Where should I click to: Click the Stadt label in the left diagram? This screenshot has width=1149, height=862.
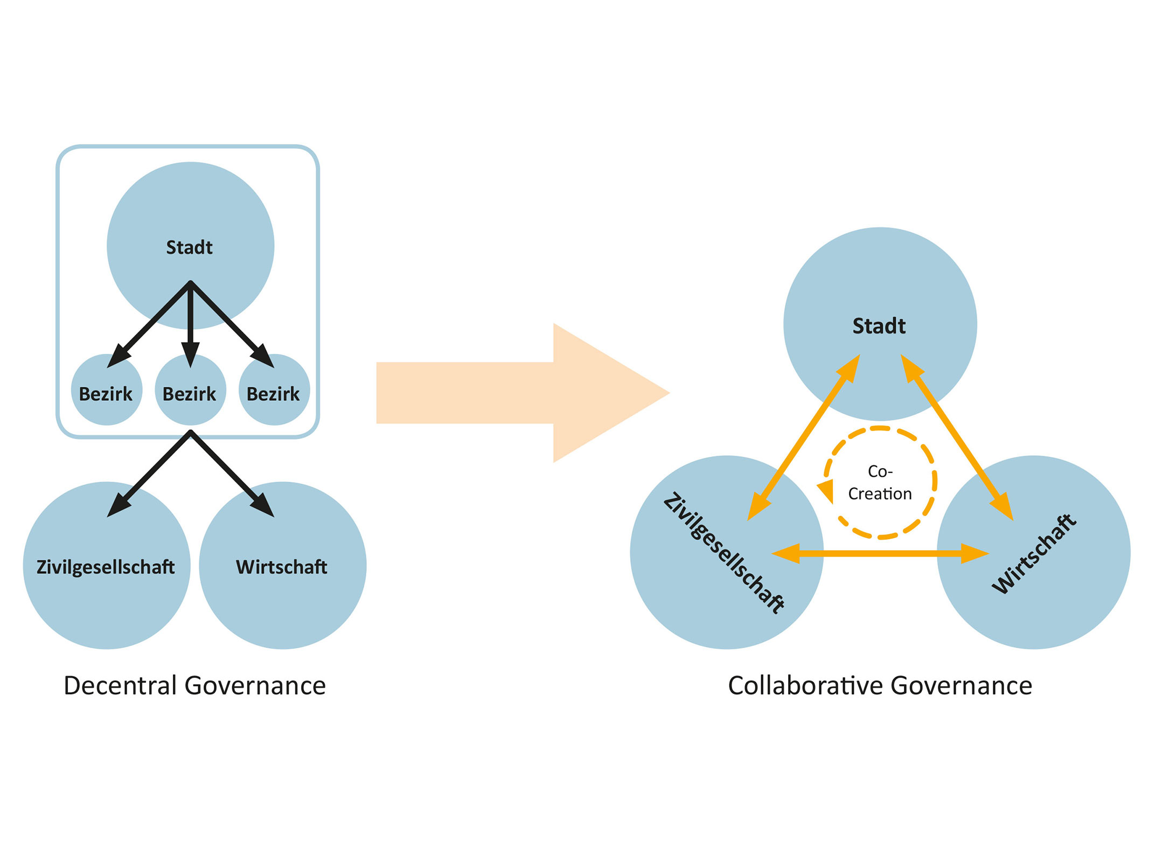(189, 247)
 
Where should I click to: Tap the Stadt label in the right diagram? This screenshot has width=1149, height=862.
(879, 326)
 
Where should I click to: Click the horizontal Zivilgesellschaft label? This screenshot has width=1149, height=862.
(106, 567)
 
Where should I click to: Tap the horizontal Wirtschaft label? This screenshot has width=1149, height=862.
(281, 567)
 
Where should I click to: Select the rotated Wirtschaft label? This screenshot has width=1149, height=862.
(1034, 554)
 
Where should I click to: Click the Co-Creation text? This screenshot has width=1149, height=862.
(880, 483)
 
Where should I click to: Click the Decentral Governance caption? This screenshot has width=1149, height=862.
(194, 686)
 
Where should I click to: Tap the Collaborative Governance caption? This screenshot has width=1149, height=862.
(880, 686)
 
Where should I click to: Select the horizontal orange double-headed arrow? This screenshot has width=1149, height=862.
(880, 553)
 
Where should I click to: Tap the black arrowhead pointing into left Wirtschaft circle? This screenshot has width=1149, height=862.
(264, 506)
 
